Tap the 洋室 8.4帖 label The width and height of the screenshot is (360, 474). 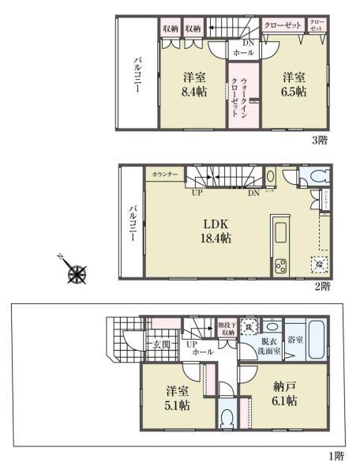click(x=192, y=85)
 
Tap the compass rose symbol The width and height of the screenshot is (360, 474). click(x=77, y=273)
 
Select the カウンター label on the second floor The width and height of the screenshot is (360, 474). click(x=164, y=174)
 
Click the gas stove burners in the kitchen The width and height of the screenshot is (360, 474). click(x=280, y=266)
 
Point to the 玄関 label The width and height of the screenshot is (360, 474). click(x=161, y=345)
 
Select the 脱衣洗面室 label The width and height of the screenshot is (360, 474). click(x=269, y=348)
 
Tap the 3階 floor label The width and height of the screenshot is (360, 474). click(x=319, y=140)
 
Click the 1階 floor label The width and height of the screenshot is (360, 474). click(x=336, y=457)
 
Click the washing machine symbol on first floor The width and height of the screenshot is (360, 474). click(x=246, y=325)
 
